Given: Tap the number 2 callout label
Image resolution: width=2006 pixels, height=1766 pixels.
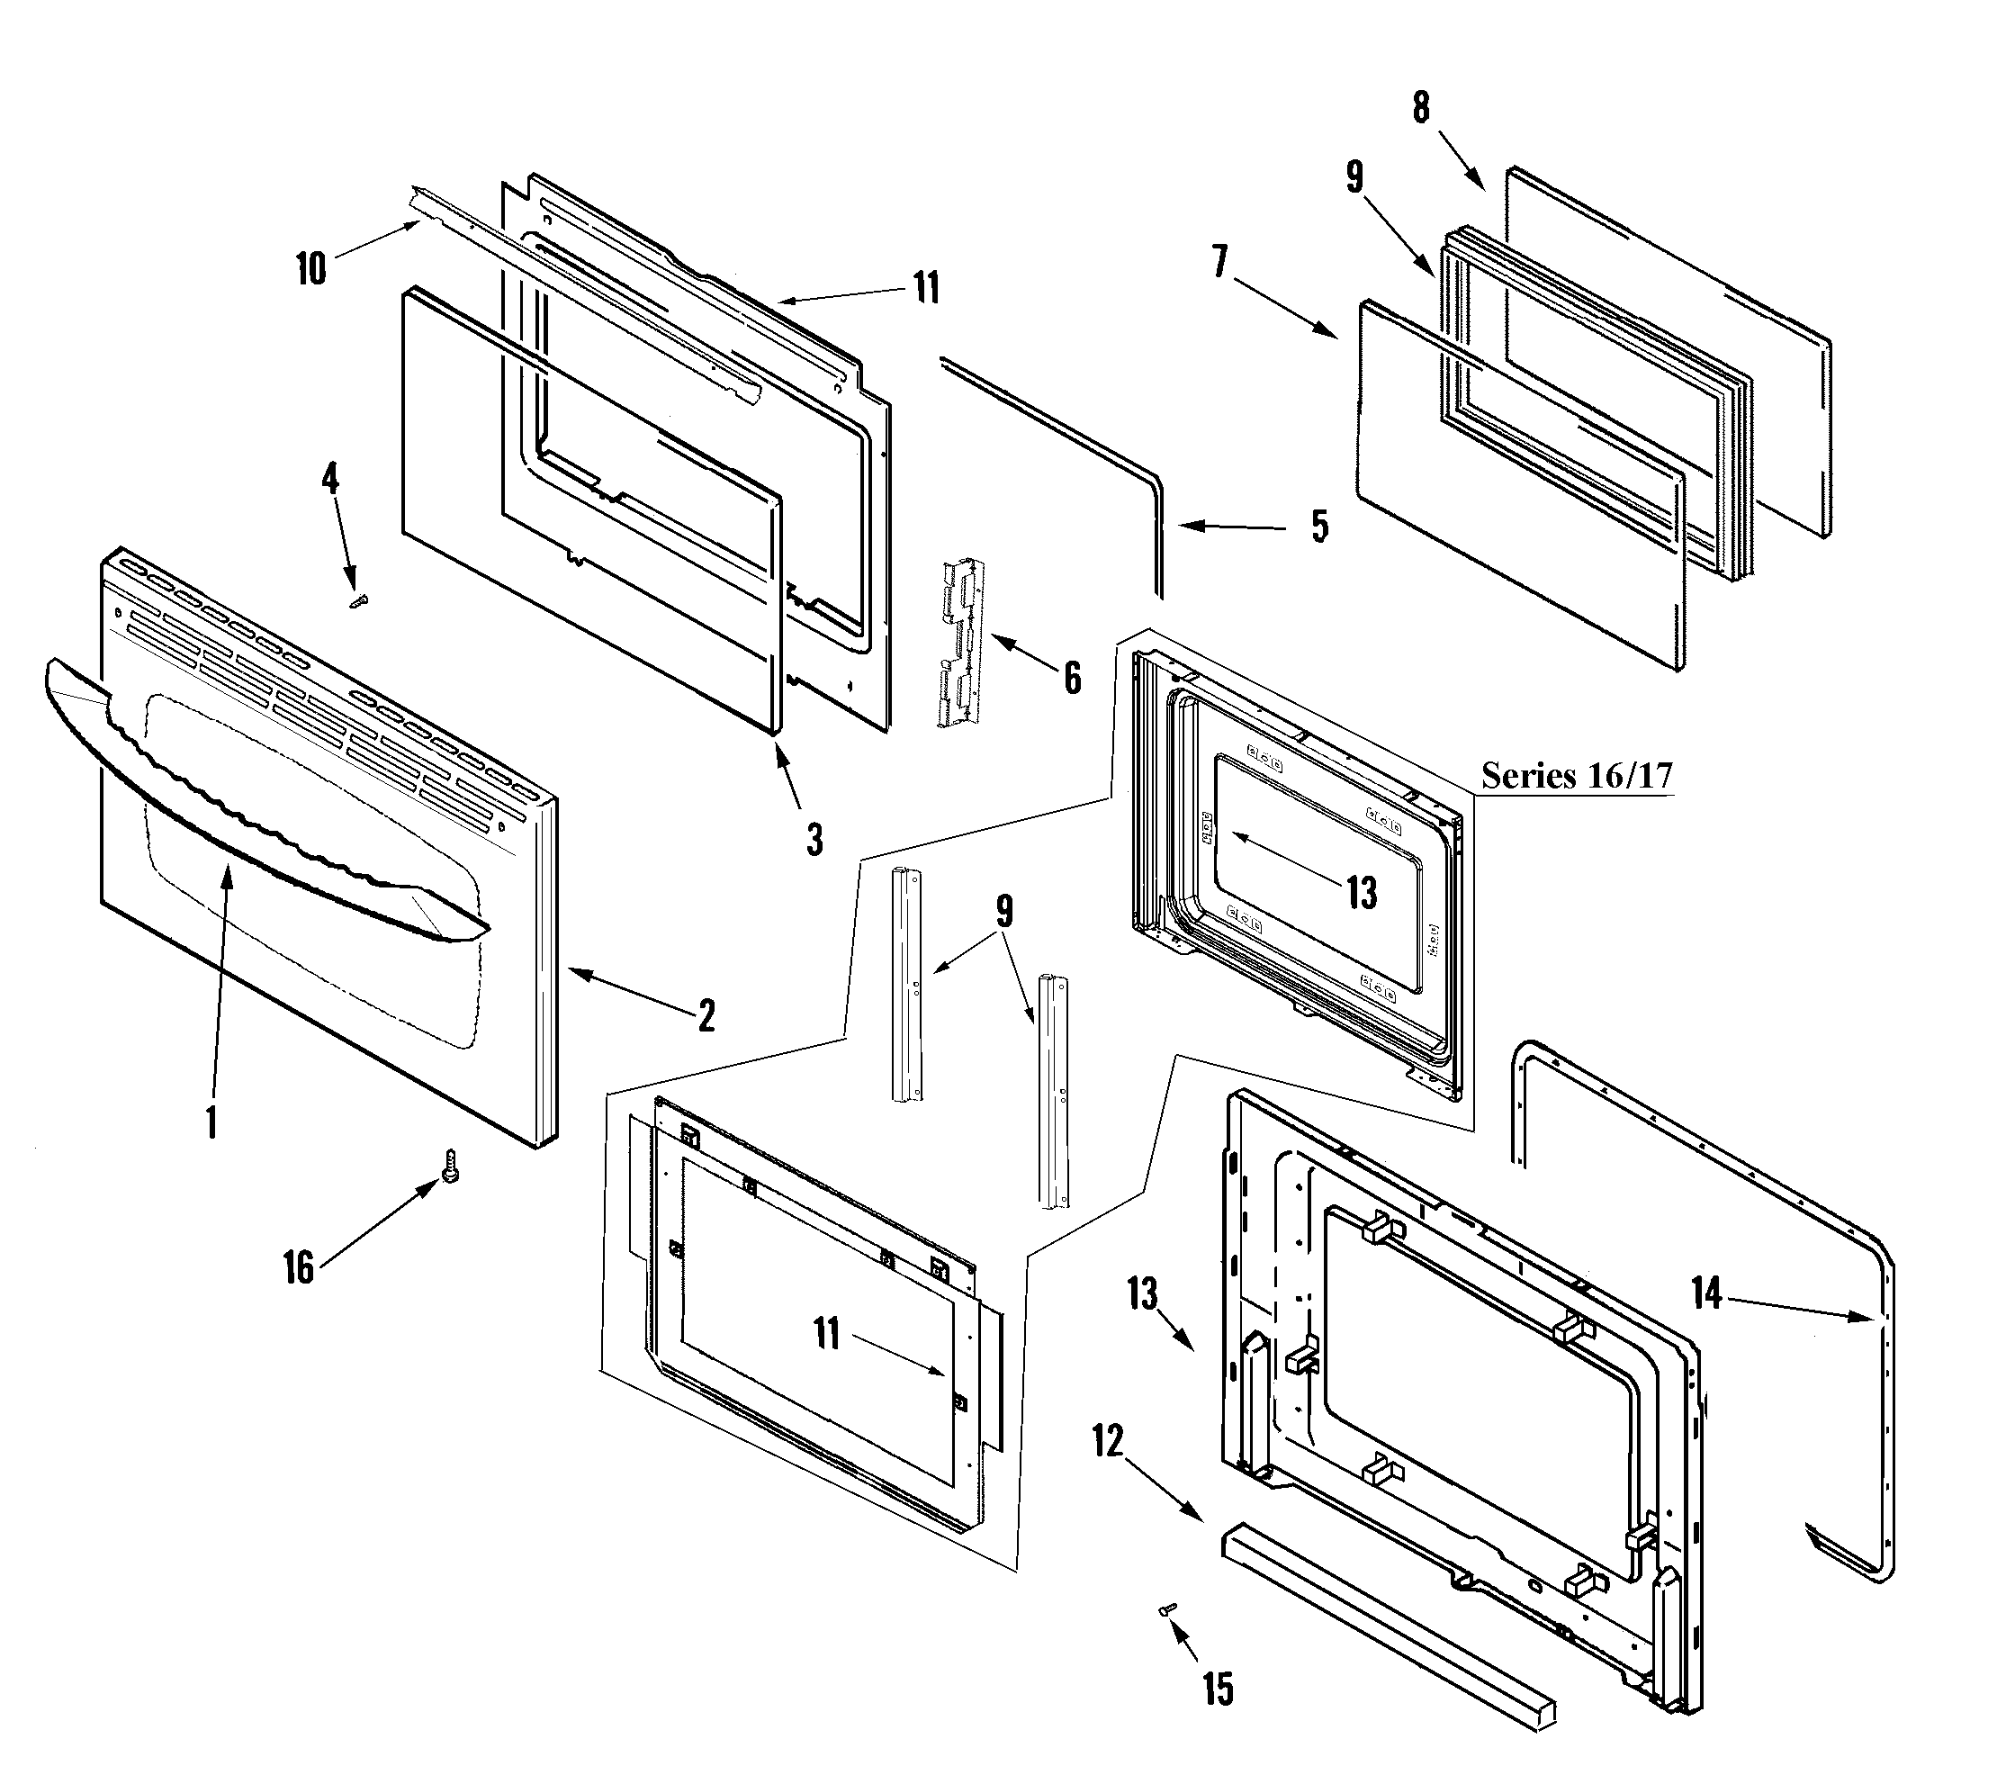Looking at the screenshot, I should (x=706, y=1016).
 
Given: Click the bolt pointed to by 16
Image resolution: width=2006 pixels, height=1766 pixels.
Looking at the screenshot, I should (x=452, y=1167).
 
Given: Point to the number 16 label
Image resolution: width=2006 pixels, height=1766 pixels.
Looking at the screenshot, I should (x=299, y=1267).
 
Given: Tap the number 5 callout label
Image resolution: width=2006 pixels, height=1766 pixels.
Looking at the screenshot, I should (x=1320, y=527).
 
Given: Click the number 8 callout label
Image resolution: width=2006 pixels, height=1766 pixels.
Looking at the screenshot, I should (x=1421, y=107).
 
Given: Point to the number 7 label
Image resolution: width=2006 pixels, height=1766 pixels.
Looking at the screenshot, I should (x=1220, y=262).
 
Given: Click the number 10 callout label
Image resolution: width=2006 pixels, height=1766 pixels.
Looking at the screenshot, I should (x=311, y=268).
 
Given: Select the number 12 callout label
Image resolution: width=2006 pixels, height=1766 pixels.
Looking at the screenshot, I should (x=1108, y=1441).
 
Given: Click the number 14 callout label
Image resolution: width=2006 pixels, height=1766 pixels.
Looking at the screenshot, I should (x=1706, y=1293).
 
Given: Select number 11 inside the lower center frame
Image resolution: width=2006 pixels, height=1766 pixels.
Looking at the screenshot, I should (x=827, y=1334).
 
